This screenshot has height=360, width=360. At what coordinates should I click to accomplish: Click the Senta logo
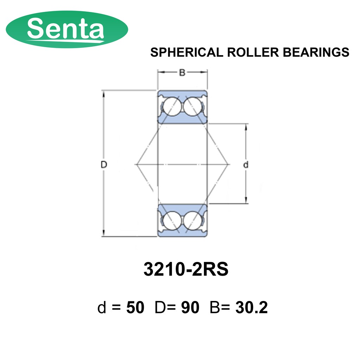pos(67,29)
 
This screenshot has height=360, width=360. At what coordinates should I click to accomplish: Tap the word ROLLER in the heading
pos(253,52)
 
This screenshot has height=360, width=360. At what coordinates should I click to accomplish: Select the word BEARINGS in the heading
pos(316,52)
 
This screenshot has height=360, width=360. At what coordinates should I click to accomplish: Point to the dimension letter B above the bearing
pos(182,72)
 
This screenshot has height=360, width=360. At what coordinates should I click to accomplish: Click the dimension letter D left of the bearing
pos(104,165)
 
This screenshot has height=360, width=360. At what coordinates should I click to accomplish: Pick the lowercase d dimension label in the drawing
pos(246,165)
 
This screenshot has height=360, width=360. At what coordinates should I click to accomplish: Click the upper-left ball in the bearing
pos(172,106)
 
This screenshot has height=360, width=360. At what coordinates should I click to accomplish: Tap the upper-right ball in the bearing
pos(193,106)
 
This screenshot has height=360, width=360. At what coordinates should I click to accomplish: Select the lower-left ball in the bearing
pos(172,220)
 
